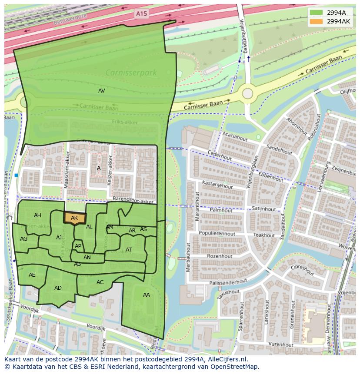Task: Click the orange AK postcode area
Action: point(74,218)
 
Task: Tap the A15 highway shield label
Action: point(141,14)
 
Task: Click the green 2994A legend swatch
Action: point(317,13)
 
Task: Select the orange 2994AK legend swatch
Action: point(317,21)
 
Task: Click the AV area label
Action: point(101,91)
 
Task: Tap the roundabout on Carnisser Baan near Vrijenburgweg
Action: point(247,93)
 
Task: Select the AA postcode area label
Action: point(147,295)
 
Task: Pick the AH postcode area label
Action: point(37,215)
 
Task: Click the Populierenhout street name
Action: point(217,233)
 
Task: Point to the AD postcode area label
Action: point(58,288)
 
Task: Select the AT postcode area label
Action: point(129,250)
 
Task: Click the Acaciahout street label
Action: point(235,136)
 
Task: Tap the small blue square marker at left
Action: point(16,175)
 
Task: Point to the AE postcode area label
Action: point(32,275)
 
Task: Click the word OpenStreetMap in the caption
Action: point(234,367)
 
